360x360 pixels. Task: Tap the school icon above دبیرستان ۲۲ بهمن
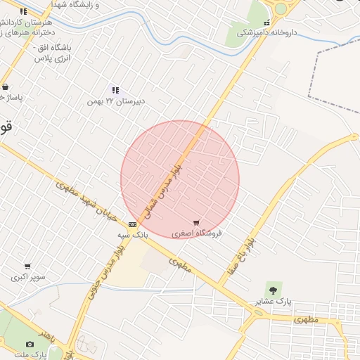[x=115, y=90]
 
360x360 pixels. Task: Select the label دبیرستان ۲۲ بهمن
[x=116, y=101]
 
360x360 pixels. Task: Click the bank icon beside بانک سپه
[x=132, y=224]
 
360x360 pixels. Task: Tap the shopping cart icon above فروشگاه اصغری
[x=196, y=222]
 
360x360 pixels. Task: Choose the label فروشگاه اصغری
[x=197, y=233]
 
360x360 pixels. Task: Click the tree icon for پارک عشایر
[x=273, y=289]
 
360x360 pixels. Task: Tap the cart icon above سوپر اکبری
[x=27, y=266]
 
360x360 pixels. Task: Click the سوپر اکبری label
[x=28, y=277]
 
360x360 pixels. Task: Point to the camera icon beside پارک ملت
[x=30, y=344]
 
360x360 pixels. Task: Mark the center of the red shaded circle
[x=180, y=179]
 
